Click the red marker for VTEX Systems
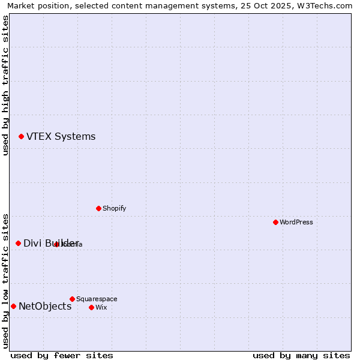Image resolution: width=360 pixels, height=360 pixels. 21,137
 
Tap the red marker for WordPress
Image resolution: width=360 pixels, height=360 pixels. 275,222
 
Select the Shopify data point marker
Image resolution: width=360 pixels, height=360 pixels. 98,208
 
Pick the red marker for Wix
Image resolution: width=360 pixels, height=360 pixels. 91,307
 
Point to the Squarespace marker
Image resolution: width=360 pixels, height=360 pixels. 72,299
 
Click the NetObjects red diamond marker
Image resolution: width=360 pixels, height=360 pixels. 13,306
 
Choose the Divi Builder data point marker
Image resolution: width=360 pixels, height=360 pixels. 18,243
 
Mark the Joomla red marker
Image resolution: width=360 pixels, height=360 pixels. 56,244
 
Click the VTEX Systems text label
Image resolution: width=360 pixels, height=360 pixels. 61,137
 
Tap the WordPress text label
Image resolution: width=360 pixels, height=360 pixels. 296,222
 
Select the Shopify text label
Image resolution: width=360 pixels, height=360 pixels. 114,208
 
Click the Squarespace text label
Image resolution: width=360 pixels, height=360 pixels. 97,299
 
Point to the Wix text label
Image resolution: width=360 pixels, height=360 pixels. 101,307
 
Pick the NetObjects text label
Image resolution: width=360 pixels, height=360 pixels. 45,307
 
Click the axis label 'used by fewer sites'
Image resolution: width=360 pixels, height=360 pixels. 62,355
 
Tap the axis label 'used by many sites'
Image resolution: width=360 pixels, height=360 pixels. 301,355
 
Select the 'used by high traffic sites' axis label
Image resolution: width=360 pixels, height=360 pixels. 5,85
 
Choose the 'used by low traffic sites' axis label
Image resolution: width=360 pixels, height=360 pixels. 5,280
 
